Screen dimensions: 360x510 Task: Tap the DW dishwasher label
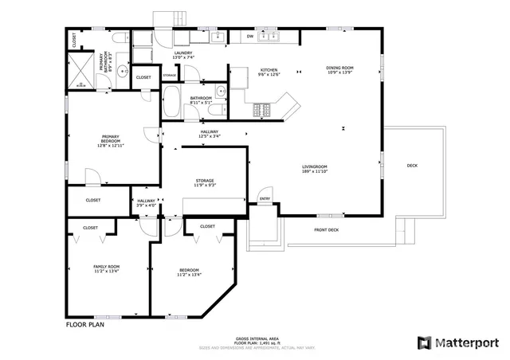pyautogui.click(x=249, y=37)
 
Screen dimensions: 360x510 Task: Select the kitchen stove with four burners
pyautogui.click(x=263, y=111)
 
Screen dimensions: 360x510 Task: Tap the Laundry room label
pyautogui.click(x=183, y=55)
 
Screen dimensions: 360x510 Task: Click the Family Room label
pyautogui.click(x=106, y=268)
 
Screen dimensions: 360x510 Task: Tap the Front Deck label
pyautogui.click(x=326, y=230)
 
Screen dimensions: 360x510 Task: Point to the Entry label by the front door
pyautogui.click(x=265, y=199)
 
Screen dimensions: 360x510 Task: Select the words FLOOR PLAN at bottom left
pyautogui.click(x=84, y=324)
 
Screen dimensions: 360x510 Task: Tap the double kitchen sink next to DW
pyautogui.click(x=272, y=37)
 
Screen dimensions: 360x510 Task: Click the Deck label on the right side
pyautogui.click(x=412, y=166)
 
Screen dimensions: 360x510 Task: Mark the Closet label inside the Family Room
pyautogui.click(x=90, y=228)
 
